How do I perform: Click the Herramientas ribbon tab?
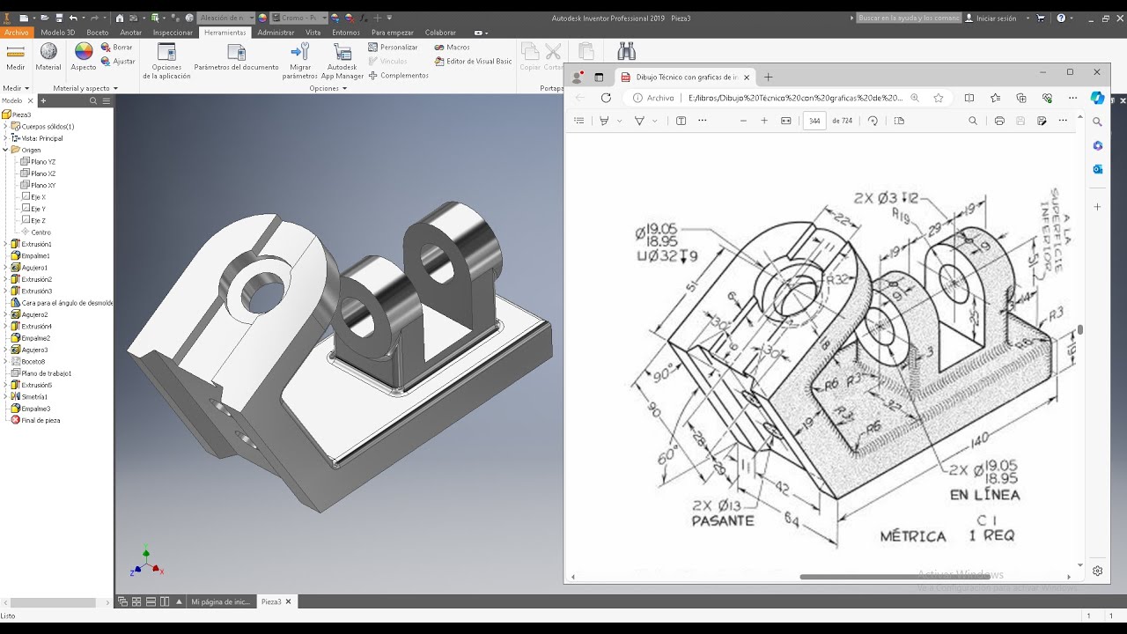225,33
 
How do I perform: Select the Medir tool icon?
16,53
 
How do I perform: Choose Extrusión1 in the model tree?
36,244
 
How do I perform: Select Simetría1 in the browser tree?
34,396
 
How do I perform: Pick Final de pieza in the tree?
40,420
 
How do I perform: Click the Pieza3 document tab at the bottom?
270,601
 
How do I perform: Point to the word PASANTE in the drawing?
722,520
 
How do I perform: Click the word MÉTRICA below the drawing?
913,535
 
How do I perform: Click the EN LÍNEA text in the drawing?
983,495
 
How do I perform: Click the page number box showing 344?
814,122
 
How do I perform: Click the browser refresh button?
606,98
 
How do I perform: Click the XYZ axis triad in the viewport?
145,563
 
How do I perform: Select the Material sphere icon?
48,53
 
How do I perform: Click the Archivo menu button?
16,33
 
